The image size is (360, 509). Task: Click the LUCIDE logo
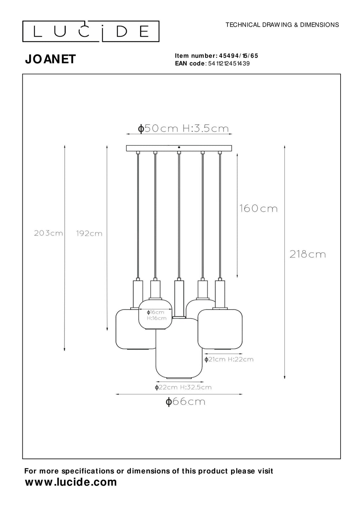[91, 32]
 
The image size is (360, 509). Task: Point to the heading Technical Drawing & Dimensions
[282, 25]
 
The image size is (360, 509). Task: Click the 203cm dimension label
[48, 233]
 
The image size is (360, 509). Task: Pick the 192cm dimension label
[89, 234]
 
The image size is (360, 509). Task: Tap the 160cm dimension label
[258, 208]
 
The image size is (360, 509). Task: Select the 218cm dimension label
[307, 254]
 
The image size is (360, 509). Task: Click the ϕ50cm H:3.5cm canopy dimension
[183, 129]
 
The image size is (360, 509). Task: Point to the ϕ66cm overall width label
[185, 402]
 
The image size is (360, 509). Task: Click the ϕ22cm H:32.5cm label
[183, 387]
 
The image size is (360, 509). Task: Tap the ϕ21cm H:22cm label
[229, 359]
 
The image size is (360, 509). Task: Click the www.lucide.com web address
[71, 482]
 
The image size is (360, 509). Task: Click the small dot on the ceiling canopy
[179, 147]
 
